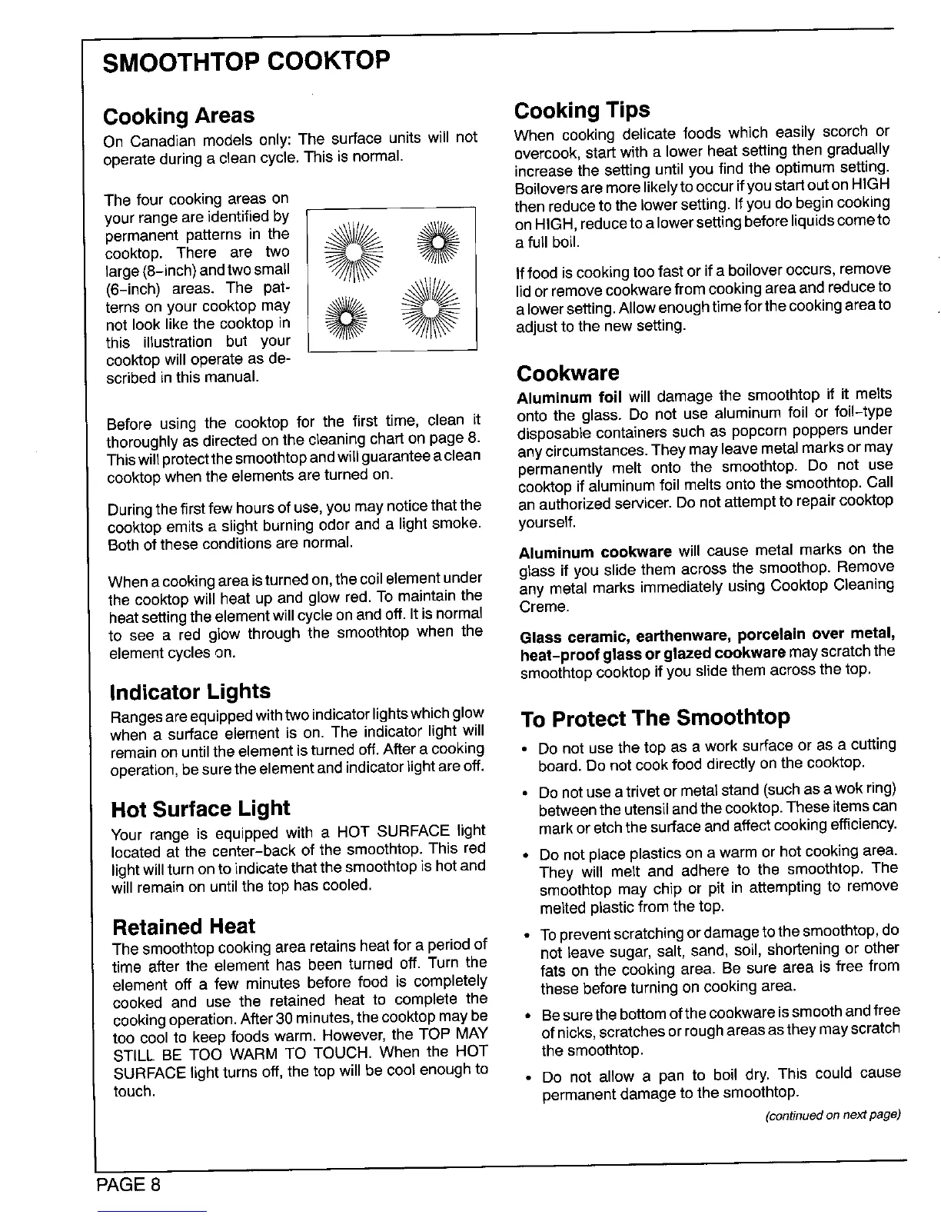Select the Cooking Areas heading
pos(178,116)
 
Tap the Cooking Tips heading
pos(582,110)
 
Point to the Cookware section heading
pos(568,374)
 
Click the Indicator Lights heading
pos(191,691)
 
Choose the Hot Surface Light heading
pos(201,809)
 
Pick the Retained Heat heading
pos(184,926)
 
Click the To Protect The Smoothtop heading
pos(655,718)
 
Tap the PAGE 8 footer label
pos(128,1183)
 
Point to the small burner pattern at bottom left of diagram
pos(344,319)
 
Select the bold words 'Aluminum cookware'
pos(595,553)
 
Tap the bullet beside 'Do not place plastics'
pos(524,855)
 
